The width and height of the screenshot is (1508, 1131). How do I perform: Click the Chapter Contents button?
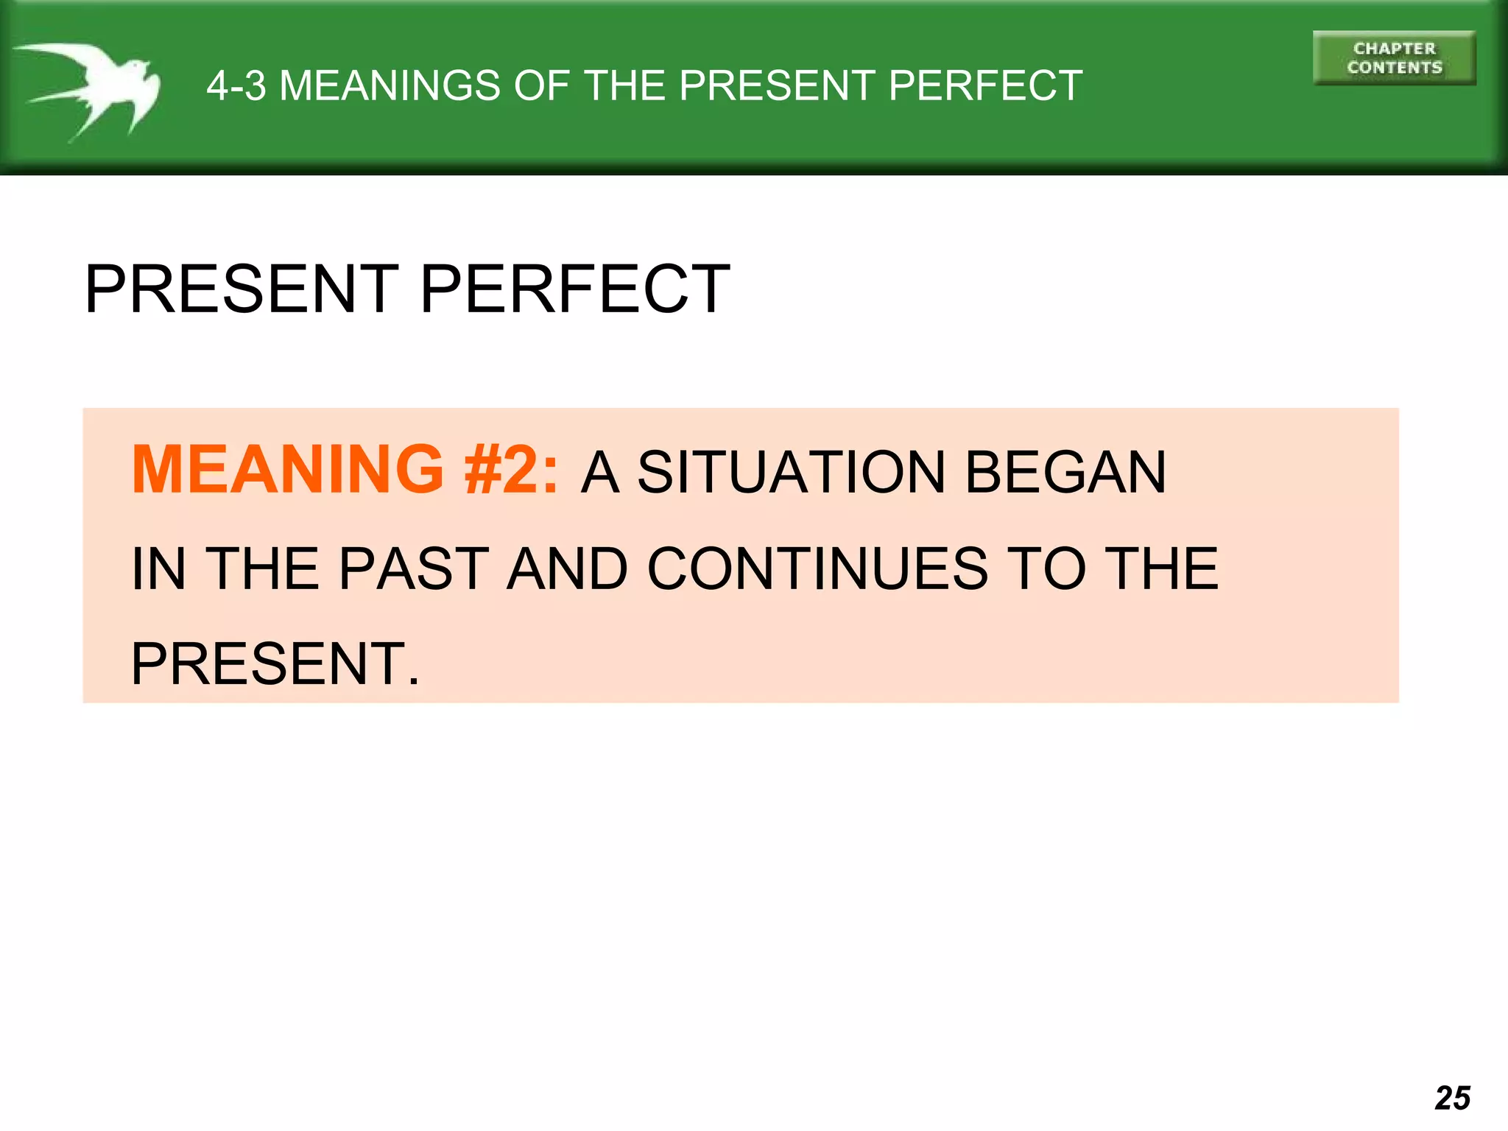pyautogui.click(x=1394, y=58)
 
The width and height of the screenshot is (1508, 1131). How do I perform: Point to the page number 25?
pyautogui.click(x=1452, y=1098)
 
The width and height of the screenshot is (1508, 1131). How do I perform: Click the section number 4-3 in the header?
pyautogui.click(x=236, y=85)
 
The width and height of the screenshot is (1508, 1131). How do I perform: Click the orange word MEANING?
pyautogui.click(x=287, y=470)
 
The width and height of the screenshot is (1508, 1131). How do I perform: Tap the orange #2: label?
pyautogui.click(x=511, y=470)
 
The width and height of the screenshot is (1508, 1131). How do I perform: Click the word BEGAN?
pyautogui.click(x=1065, y=472)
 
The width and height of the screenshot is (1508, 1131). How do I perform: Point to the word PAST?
pyautogui.click(x=414, y=568)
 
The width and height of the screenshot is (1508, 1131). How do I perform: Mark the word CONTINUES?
pyautogui.click(x=817, y=568)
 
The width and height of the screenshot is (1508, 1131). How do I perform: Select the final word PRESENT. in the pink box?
pyautogui.click(x=275, y=663)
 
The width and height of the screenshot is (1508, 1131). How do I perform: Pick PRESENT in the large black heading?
pyautogui.click(x=242, y=289)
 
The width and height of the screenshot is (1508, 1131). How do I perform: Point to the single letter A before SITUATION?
pyautogui.click(x=599, y=472)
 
